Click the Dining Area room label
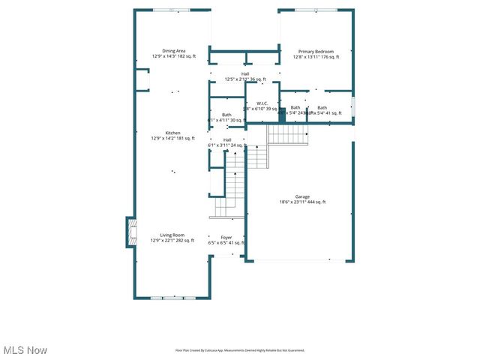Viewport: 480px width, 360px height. tap(173, 50)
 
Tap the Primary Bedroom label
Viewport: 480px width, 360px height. tap(316, 51)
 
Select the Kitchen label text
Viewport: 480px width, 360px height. tap(173, 133)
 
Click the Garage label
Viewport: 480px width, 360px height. tap(302, 196)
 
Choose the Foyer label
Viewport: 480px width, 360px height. tap(226, 237)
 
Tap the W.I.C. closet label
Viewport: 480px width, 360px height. tap(262, 103)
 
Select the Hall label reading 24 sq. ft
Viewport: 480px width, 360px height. tap(226, 142)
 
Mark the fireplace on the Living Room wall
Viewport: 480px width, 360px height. tap(131, 232)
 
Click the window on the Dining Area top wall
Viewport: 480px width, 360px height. tap(172, 10)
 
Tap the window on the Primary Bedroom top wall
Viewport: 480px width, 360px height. tap(316, 10)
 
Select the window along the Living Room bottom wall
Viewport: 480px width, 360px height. tap(172, 298)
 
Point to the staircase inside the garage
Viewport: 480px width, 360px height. tap(287, 135)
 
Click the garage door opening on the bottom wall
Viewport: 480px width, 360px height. tap(300, 261)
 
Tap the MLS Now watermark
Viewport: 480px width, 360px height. tap(25, 350)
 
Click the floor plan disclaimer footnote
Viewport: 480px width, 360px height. tap(240, 350)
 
